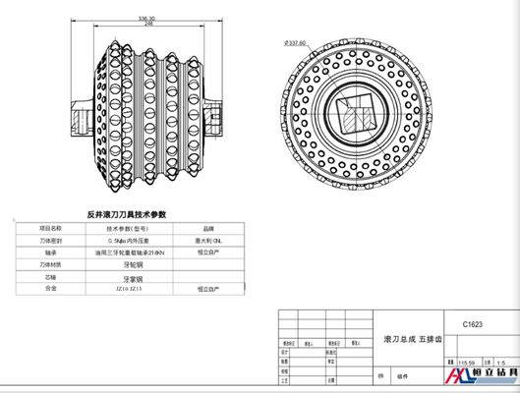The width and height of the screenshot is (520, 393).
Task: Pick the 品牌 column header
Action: [206, 225]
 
